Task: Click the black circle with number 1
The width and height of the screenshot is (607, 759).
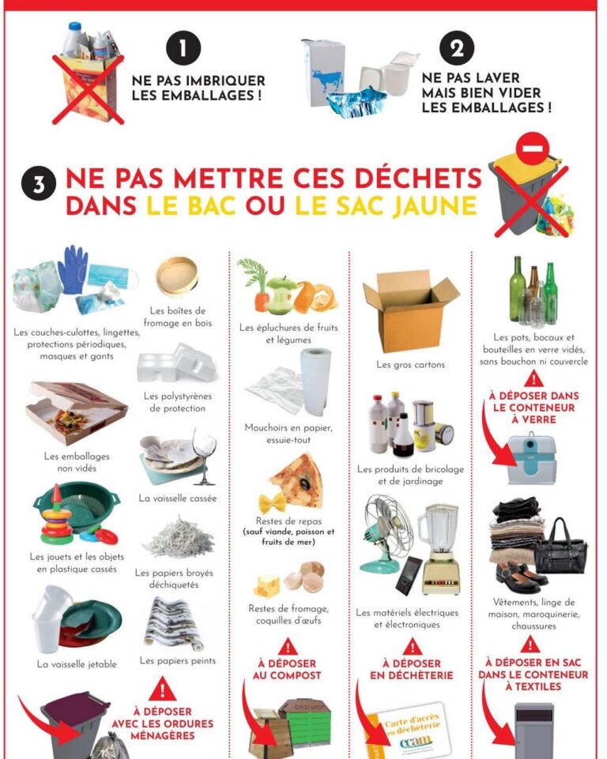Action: (x=184, y=50)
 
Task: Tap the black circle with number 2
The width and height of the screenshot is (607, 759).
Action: (x=456, y=50)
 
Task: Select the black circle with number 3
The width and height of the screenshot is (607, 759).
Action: (x=43, y=186)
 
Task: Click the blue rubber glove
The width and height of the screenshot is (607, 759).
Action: (x=73, y=268)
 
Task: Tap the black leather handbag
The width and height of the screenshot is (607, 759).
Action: (x=560, y=546)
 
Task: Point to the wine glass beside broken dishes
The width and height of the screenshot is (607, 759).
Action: (x=204, y=456)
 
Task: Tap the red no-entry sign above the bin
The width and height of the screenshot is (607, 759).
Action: (x=531, y=147)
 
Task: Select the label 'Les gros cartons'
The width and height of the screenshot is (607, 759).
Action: (x=410, y=365)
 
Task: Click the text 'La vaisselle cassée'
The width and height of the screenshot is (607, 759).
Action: (x=177, y=498)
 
